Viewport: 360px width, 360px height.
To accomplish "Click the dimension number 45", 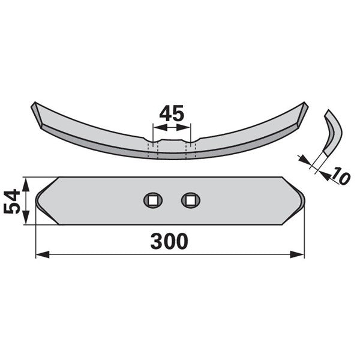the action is [172, 113].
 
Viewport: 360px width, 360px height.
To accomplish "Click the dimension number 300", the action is [169, 242].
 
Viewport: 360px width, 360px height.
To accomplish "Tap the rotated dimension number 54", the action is [12, 202].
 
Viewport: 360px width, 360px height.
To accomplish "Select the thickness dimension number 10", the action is [341, 176].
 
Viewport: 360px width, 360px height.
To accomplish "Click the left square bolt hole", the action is [153, 200].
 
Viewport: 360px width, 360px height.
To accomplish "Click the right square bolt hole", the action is [191, 200].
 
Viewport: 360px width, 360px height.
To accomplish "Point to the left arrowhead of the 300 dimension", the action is [43, 254].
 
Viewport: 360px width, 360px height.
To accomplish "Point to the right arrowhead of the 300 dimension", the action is [297, 254].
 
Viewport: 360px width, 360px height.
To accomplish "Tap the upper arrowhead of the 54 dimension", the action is [25, 185].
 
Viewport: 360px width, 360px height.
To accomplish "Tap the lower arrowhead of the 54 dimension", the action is [25, 217].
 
